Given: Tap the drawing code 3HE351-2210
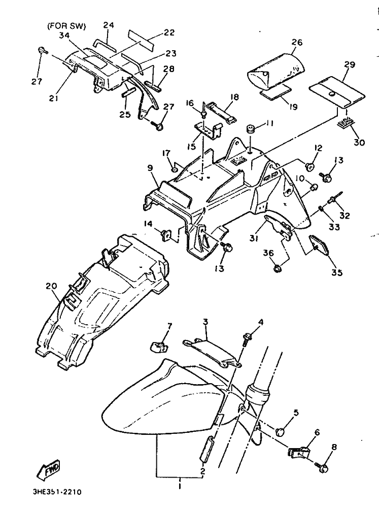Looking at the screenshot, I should [x=55, y=492].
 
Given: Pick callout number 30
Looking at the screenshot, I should [x=359, y=143].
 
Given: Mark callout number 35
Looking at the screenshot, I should [x=337, y=272].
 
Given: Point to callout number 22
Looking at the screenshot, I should [x=169, y=32].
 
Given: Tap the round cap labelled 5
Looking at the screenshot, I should [x=280, y=431].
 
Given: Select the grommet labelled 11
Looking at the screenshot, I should [x=250, y=128].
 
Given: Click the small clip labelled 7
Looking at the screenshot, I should [x=158, y=348].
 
